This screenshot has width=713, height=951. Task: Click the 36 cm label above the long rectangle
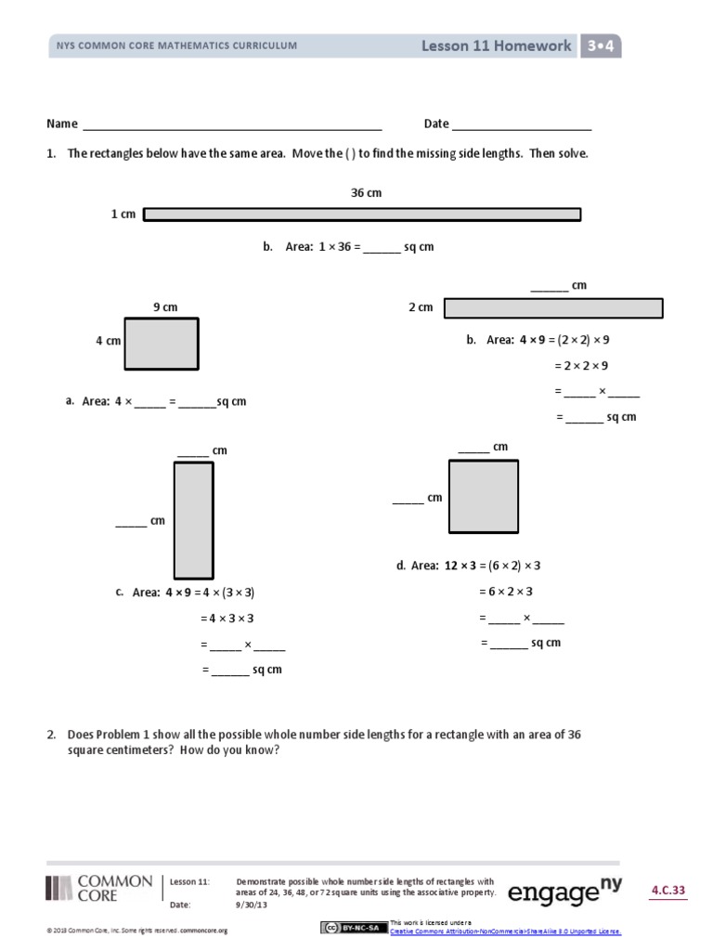[x=366, y=193]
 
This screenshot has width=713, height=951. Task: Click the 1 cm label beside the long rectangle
[x=123, y=215]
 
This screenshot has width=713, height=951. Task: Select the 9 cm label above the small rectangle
[x=164, y=307]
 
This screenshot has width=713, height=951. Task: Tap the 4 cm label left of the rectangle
[x=109, y=342]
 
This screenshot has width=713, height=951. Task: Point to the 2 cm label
[x=421, y=307]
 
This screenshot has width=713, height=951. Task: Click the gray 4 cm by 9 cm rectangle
[x=162, y=344]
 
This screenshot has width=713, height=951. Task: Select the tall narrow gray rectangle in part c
[x=193, y=520]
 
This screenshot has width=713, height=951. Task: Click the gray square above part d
[x=484, y=496]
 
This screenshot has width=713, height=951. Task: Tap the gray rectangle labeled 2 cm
[x=553, y=308]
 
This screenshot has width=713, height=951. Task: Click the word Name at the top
[x=61, y=124]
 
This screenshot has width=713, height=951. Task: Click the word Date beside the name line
[x=436, y=124]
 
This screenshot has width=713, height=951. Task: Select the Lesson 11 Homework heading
[x=497, y=46]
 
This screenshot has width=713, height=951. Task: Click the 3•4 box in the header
[x=601, y=46]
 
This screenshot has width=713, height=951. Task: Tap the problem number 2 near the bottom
[x=52, y=735]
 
